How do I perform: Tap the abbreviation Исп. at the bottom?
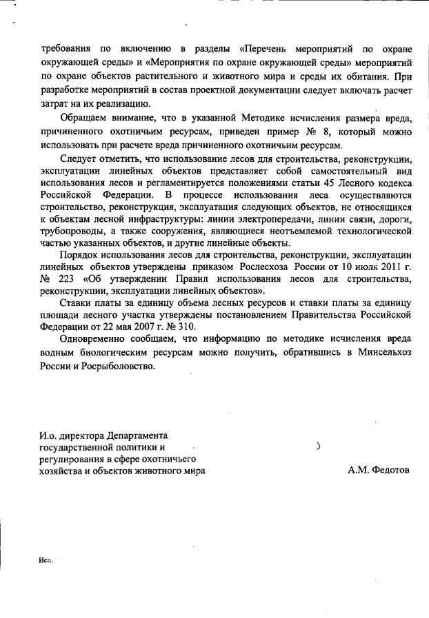tap(46, 562)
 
